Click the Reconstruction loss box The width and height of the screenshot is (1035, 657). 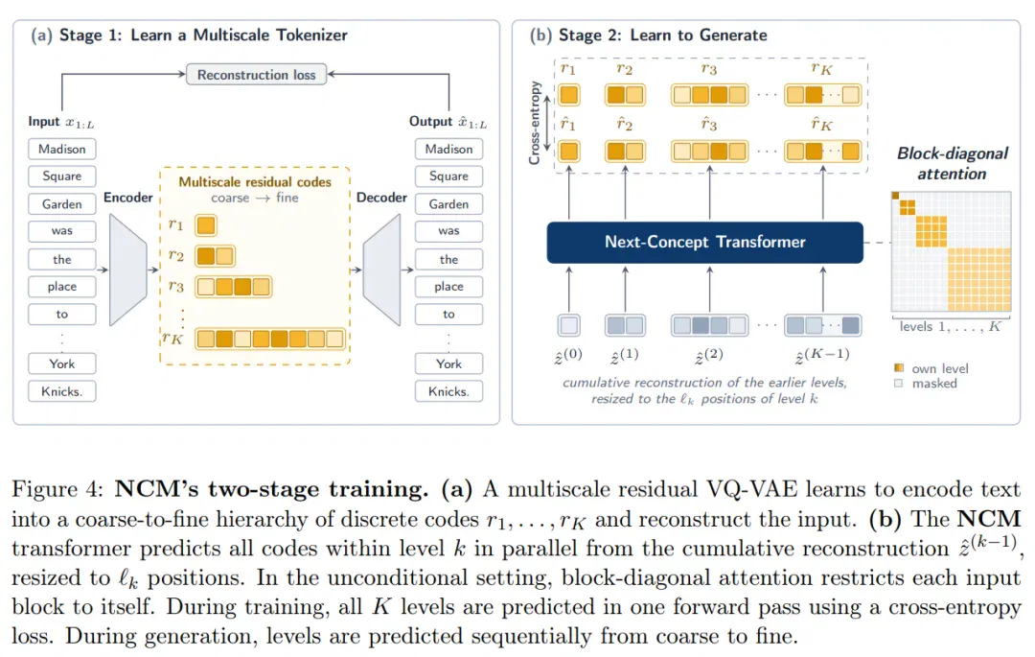coord(256,75)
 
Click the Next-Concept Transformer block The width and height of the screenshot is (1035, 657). coord(705,243)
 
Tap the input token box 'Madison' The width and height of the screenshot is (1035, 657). coord(62,150)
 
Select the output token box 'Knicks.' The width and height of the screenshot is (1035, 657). coord(448,391)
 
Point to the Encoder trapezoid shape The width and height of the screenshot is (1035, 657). coord(128,270)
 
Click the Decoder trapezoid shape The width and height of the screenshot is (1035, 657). coord(381,270)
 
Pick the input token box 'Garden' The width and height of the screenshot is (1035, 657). coord(62,204)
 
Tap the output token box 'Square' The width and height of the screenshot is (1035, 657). coord(448,176)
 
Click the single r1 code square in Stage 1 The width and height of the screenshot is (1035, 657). coord(206,225)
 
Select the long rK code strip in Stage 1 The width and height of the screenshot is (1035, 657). coord(270,339)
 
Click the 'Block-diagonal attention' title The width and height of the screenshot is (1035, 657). coord(952,164)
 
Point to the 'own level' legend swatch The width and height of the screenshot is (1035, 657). coord(898,367)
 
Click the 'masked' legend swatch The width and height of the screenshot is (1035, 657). coord(898,383)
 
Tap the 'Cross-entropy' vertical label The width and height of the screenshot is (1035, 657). coord(535,123)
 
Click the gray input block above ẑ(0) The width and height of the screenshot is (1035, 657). coord(569,325)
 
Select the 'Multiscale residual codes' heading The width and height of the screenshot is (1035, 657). coord(255,181)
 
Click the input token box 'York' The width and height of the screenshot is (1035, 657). coord(62,364)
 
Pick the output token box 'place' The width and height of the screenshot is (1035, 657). coord(448,287)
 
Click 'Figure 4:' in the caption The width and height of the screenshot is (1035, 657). coord(57,489)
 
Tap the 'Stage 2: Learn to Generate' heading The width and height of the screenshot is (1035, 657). coord(663,35)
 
